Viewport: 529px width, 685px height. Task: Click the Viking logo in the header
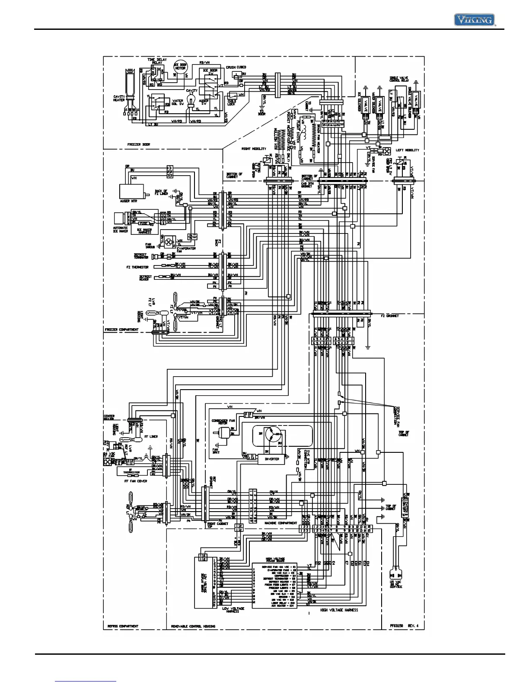point(474,19)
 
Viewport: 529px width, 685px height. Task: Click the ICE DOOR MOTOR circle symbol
point(180,67)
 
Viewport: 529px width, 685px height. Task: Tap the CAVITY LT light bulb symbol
point(191,103)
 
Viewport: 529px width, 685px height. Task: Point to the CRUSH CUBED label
point(236,67)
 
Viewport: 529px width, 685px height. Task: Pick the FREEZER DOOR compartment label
point(139,144)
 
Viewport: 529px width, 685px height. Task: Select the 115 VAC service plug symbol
point(395,575)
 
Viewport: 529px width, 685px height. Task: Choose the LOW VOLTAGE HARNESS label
point(233,610)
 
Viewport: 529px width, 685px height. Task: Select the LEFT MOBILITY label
point(408,150)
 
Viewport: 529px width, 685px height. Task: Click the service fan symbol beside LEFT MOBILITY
point(387,151)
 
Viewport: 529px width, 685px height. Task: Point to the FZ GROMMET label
point(390,316)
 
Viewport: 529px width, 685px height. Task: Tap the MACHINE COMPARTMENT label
point(281,523)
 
